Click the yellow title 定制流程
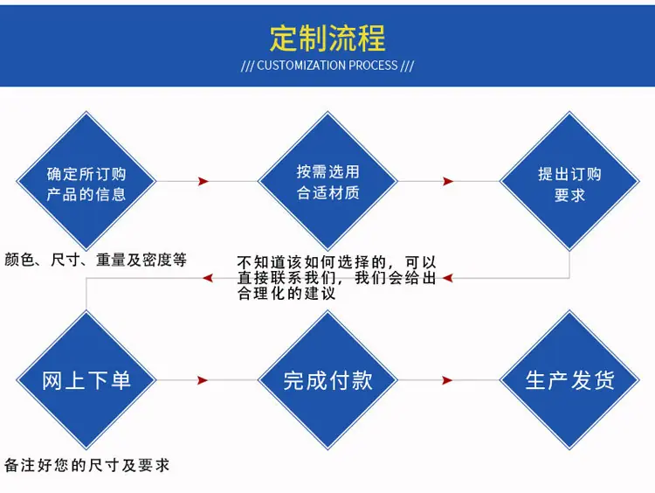[x=327, y=38]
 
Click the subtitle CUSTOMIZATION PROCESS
[x=327, y=66]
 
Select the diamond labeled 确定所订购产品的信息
[x=86, y=181]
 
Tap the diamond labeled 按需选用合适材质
[x=327, y=181]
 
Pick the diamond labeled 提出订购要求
[x=569, y=181]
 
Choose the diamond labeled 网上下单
[x=86, y=380]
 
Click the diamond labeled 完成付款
[x=327, y=380]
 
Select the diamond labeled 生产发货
[x=569, y=380]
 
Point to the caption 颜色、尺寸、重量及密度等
[x=96, y=260]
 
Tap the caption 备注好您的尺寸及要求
[x=86, y=465]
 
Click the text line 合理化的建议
[x=286, y=293]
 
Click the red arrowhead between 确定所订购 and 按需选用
[x=203, y=181]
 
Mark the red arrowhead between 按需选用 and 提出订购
[x=448, y=181]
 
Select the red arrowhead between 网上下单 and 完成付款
[x=203, y=380]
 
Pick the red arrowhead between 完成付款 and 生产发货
[x=447, y=380]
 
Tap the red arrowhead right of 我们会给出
[x=448, y=278]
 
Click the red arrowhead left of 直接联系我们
[x=208, y=278]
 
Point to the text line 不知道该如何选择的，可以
[x=337, y=262]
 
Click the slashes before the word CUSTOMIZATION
[x=247, y=66]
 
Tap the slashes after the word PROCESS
[x=407, y=66]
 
